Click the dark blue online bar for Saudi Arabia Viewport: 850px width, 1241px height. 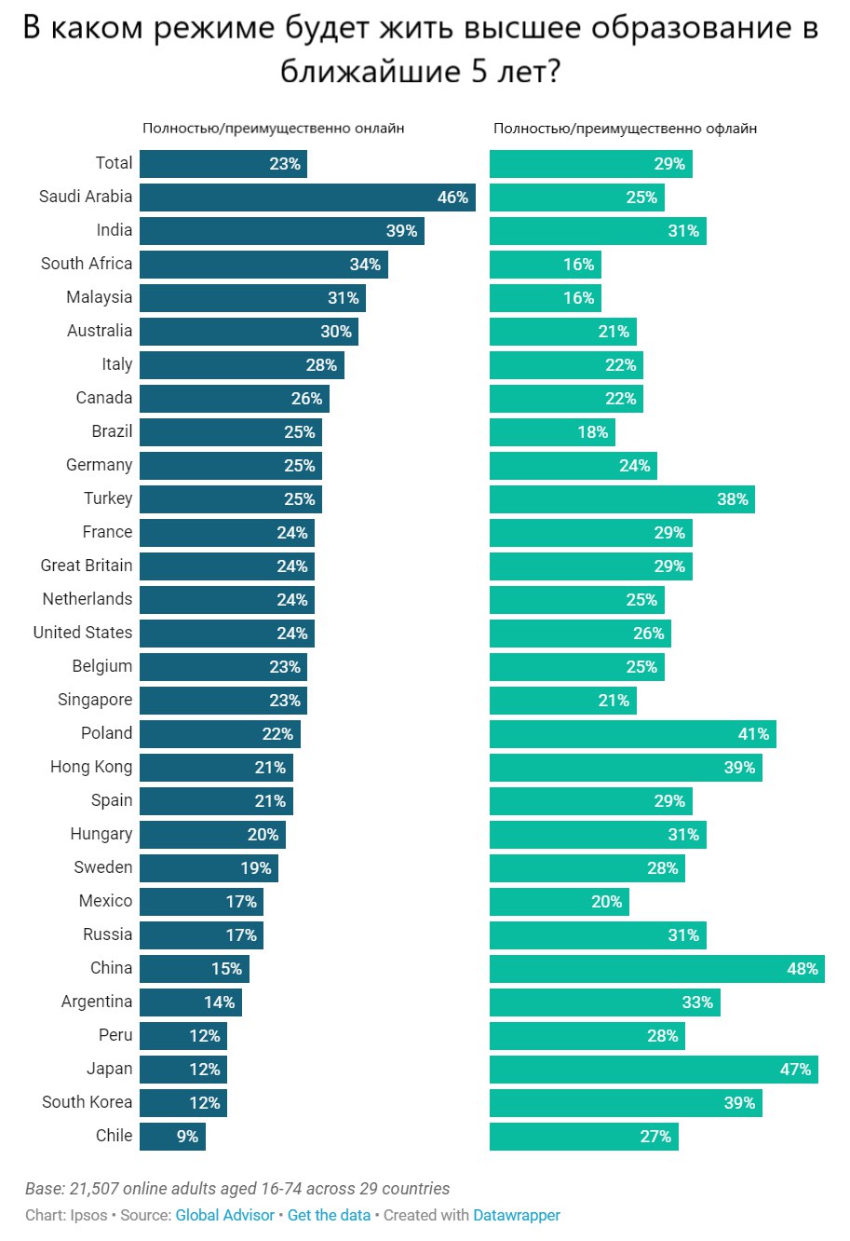(x=307, y=198)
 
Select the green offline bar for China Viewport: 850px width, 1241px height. (x=656, y=969)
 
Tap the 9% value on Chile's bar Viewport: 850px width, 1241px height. (x=188, y=1137)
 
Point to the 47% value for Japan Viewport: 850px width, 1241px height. (x=795, y=1070)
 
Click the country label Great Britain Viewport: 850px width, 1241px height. (x=87, y=566)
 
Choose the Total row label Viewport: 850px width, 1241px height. (x=114, y=163)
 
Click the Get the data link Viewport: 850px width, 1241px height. (x=329, y=1215)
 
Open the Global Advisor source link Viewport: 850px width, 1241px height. (x=224, y=1215)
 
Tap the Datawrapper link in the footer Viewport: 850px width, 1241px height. (x=517, y=1215)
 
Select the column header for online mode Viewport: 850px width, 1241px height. (x=273, y=129)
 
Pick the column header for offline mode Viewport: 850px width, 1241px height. (x=625, y=129)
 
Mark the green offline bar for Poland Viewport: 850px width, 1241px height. (x=632, y=734)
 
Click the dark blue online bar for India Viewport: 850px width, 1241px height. (x=282, y=231)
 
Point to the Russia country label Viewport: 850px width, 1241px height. (x=108, y=934)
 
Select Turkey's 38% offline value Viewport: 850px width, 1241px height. (x=732, y=499)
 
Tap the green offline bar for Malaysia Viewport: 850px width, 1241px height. (x=545, y=298)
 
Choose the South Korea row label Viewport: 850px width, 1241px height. (x=88, y=1102)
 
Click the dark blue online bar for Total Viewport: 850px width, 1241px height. (x=223, y=164)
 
